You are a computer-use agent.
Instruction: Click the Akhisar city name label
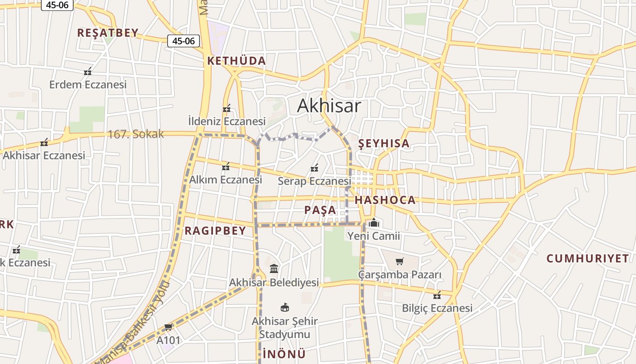tap(329, 106)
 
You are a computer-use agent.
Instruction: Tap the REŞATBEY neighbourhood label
tap(108, 33)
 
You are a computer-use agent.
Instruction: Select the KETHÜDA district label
tap(237, 61)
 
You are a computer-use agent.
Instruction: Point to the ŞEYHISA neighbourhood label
tap(384, 143)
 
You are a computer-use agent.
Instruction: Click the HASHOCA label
tap(385, 200)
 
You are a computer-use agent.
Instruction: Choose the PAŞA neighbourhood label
tap(320, 210)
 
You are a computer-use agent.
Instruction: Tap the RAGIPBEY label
tap(215, 231)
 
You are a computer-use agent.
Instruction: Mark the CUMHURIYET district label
tap(587, 258)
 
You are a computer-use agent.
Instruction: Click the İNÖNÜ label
tap(284, 354)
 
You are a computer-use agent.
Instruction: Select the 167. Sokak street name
tap(135, 134)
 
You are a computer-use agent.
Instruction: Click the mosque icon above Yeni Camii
tap(374, 222)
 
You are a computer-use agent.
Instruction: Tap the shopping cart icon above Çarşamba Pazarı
tap(399, 261)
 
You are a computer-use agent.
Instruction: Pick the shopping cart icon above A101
tap(169, 327)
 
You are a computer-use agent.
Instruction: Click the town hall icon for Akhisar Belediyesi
tap(274, 268)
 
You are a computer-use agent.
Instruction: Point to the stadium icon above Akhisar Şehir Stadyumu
tap(285, 308)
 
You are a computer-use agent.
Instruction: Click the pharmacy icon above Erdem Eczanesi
tap(88, 71)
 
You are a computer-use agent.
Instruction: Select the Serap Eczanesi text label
tap(314, 181)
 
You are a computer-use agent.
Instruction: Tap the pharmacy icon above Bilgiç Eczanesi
tap(437, 295)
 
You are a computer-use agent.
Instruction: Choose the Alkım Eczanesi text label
tap(226, 180)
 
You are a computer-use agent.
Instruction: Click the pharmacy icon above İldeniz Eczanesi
tap(227, 108)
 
